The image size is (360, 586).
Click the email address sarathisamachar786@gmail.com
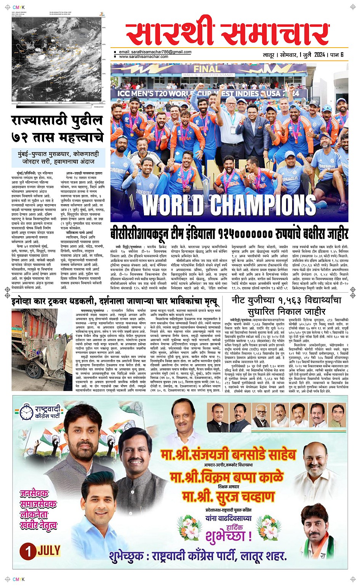[x=155, y=52]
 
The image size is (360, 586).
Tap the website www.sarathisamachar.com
[x=144, y=56]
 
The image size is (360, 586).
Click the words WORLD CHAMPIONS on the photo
[x=229, y=206]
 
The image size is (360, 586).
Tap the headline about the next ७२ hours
[x=57, y=129]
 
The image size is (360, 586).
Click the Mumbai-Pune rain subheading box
[x=58, y=157]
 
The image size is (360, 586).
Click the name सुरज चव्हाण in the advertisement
[x=229, y=497]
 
